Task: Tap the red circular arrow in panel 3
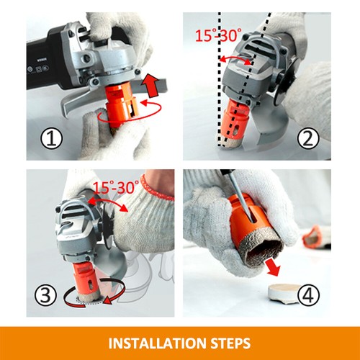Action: click(86, 297)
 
